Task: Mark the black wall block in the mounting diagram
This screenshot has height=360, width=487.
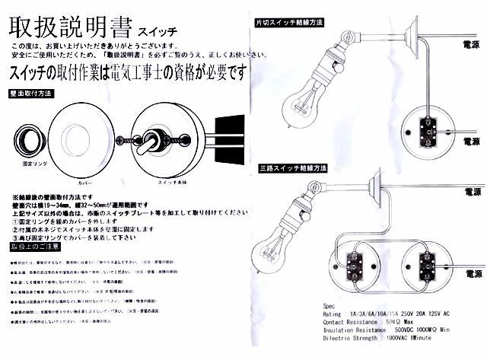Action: pos(228,138)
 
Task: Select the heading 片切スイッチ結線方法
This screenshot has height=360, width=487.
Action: pos(291,23)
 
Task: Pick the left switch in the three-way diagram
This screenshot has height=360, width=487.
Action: pos(355,264)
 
